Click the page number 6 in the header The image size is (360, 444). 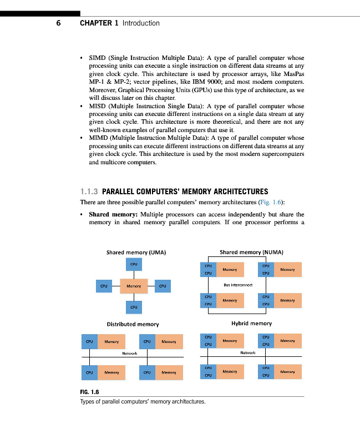(x=58, y=23)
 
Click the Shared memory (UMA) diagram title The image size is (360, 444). (x=136, y=253)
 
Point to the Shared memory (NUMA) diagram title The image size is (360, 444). (x=251, y=252)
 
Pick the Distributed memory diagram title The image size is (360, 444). (x=133, y=324)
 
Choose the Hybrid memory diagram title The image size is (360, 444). (x=251, y=324)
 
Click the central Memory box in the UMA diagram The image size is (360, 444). (x=134, y=286)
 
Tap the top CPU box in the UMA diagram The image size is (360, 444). (x=134, y=265)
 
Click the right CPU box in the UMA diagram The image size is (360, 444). (x=163, y=286)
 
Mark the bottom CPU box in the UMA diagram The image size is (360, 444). (x=134, y=307)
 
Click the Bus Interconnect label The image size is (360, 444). (x=238, y=285)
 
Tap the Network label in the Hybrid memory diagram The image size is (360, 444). (x=248, y=352)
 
